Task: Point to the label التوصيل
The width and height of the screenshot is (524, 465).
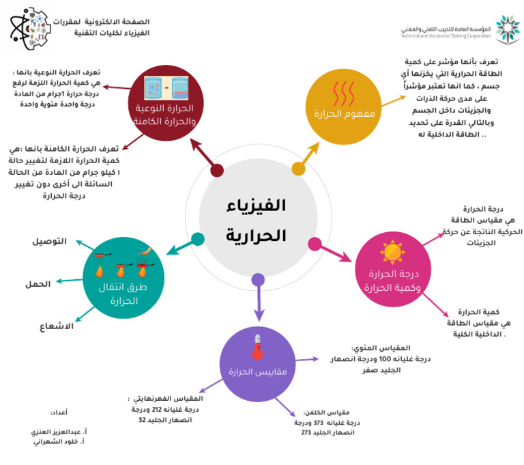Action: click(50, 241)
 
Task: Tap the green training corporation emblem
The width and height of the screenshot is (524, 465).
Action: click(507, 29)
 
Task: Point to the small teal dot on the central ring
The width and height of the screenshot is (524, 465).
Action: click(198, 239)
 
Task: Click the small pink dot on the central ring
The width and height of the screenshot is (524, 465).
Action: click(315, 243)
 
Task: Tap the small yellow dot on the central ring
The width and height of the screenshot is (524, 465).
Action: click(298, 168)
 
